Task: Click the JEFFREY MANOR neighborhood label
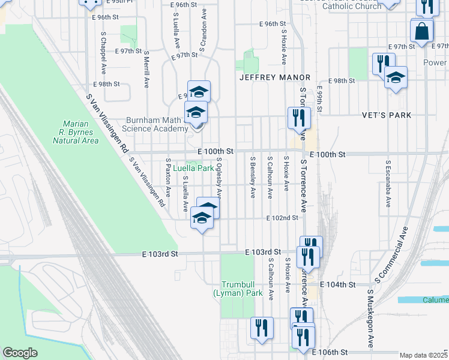pos(274,77)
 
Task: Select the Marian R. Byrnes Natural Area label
pos(76,133)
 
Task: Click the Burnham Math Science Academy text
pos(155,124)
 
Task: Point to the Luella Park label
pos(193,169)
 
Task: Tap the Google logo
pos(20,353)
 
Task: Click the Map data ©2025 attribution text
pos(423,355)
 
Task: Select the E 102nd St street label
pos(283,218)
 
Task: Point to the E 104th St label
pos(339,284)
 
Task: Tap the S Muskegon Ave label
pos(371,319)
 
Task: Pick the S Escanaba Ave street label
pos(388,184)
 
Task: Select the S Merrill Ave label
pos(146,68)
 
